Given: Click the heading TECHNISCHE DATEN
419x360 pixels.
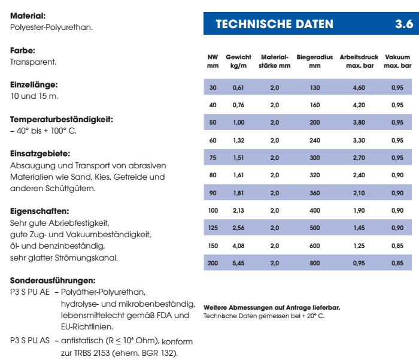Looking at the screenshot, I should (274, 25).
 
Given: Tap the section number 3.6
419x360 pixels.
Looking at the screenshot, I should (403, 25).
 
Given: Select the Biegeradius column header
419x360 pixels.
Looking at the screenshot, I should (315, 61).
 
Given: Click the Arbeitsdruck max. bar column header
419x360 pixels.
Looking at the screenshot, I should (359, 61).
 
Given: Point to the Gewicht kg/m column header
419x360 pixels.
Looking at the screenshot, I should (238, 61).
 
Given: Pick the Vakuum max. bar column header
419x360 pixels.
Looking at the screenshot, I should (397, 61).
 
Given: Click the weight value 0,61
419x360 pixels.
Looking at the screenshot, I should (238, 88).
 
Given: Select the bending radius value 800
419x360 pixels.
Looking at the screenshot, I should (315, 263).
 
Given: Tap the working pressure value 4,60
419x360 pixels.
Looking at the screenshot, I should (359, 88).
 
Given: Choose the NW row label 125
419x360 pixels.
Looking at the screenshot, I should (213, 228).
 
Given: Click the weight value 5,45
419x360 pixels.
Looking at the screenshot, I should (238, 263).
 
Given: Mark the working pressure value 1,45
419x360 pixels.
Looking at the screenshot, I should (359, 228).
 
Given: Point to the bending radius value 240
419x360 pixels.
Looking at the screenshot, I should (315, 140).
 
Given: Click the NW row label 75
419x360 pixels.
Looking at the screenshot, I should (213, 158).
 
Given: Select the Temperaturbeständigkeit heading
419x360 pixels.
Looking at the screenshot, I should (62, 120).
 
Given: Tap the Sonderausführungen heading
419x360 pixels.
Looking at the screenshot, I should (53, 280).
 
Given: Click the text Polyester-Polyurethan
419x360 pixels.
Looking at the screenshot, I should (51, 28).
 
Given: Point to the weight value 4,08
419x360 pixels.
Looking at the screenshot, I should (238, 246).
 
